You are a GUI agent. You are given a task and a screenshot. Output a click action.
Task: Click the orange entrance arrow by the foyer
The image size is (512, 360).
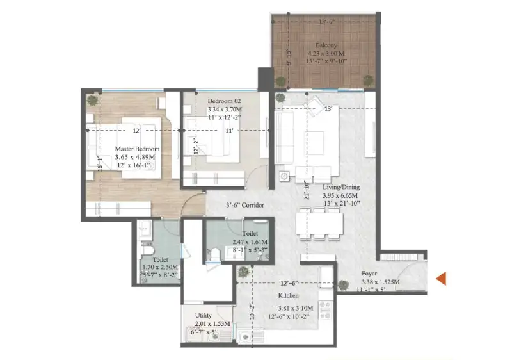point(440,278)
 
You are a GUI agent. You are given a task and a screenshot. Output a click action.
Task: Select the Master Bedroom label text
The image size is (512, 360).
point(137,149)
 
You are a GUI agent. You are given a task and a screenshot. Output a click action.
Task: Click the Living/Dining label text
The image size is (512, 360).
point(340,187)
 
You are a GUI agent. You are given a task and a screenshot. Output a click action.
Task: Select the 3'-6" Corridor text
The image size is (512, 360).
point(246,206)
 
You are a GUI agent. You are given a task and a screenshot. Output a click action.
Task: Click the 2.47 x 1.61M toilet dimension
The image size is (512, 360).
point(250,242)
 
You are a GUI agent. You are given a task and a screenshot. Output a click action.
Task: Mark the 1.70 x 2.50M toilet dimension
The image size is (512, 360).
point(160,266)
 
